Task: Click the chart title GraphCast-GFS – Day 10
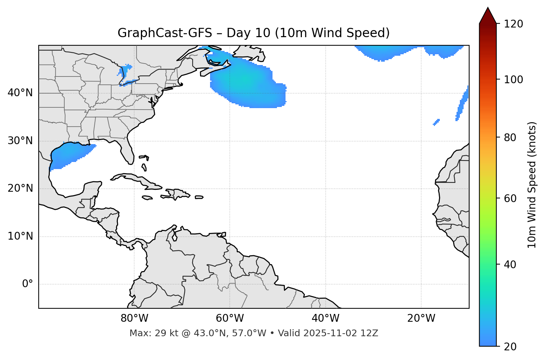pyautogui.click(x=254, y=33)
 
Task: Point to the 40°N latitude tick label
pyautogui.click(x=20, y=93)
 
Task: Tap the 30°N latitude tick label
pyautogui.click(x=20, y=141)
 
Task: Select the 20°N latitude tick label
pyautogui.click(x=20, y=188)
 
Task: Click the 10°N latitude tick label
pyautogui.click(x=20, y=236)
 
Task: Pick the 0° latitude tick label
pyautogui.click(x=28, y=284)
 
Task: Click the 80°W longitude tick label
pyautogui.click(x=134, y=318)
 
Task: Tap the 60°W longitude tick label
pyautogui.click(x=230, y=318)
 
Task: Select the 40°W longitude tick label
pyautogui.click(x=325, y=318)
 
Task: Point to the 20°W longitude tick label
pyautogui.click(x=421, y=318)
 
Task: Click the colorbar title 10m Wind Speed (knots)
pyautogui.click(x=532, y=185)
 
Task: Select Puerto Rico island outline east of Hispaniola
pyautogui.click(x=199, y=197)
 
